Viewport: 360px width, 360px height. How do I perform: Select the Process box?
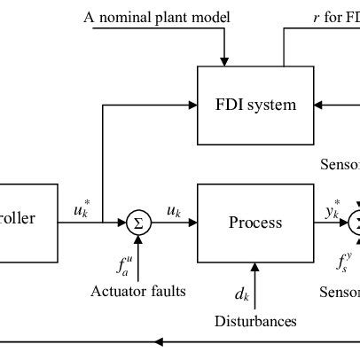[x=254, y=222]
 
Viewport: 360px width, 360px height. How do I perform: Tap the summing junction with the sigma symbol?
[x=137, y=222]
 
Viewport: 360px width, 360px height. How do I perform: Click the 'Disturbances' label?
[x=255, y=320]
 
